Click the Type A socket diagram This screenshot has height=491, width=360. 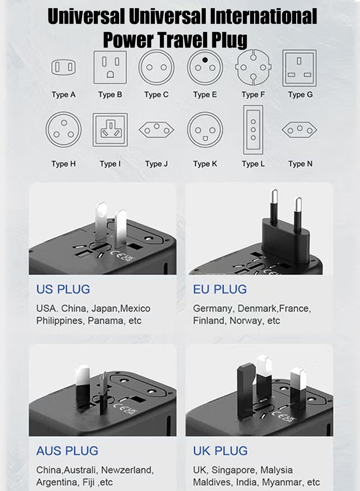pyautogui.click(x=63, y=68)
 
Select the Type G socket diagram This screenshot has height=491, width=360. pyautogui.click(x=299, y=68)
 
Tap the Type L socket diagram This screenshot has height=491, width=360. pyautogui.click(x=253, y=130)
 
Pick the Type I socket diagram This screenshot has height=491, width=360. pyautogui.click(x=110, y=130)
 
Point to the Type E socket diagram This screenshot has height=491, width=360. pyautogui.click(x=205, y=67)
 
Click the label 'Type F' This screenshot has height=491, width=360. pyautogui.click(x=252, y=95)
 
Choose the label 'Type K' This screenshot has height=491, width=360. pyautogui.click(x=205, y=164)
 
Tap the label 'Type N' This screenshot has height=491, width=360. pyautogui.click(x=300, y=164)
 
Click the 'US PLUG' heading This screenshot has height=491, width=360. pyautogui.click(x=63, y=289)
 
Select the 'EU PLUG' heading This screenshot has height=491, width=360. pyautogui.click(x=220, y=289)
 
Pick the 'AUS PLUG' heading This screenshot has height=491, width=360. pyautogui.click(x=67, y=450)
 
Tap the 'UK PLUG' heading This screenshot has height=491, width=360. pyautogui.click(x=220, y=450)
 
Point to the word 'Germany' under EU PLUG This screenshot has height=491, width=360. pyautogui.click(x=212, y=309)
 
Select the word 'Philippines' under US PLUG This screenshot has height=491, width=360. pyautogui.click(x=60, y=321)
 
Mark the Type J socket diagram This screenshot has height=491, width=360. pyautogui.click(x=156, y=130)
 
